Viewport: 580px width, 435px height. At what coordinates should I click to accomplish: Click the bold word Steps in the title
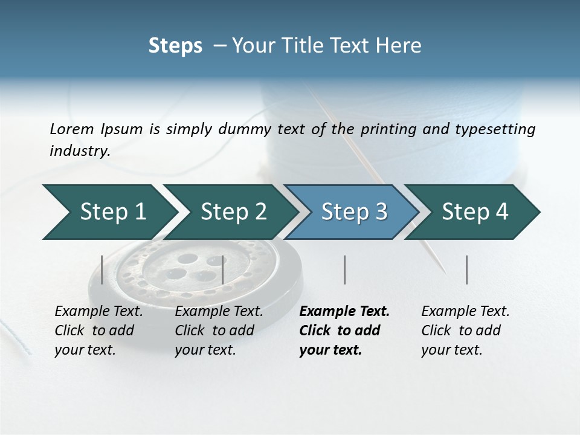(175, 45)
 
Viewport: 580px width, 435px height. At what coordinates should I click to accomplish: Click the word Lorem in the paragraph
(71, 129)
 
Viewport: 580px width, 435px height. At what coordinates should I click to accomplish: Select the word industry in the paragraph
(80, 150)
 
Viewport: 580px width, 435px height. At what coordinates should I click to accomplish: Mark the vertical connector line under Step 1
(102, 269)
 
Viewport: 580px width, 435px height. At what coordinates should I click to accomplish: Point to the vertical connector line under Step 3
(344, 269)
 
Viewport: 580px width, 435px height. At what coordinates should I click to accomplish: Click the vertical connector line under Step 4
(466, 269)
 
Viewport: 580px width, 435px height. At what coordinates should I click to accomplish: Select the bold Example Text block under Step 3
(344, 330)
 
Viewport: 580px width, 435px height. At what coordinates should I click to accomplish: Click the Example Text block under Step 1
(98, 330)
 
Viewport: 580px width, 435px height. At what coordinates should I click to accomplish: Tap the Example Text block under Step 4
(465, 330)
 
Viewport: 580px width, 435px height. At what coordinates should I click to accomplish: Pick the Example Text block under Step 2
(219, 330)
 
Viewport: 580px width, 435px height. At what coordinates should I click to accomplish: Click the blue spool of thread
(483, 139)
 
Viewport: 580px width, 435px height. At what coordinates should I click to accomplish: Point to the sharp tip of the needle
(445, 271)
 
